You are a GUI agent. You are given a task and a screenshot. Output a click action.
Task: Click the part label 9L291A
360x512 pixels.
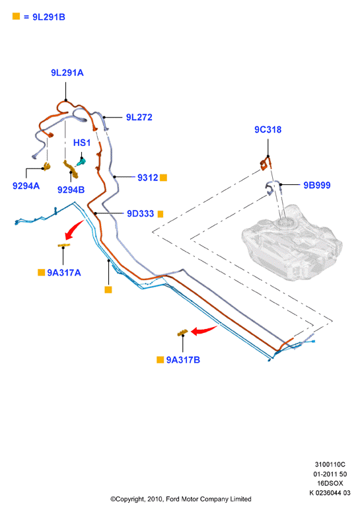coord(67,73)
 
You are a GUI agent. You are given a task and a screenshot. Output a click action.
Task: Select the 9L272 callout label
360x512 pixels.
coord(139,117)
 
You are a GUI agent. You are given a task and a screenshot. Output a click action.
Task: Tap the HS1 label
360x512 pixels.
coord(82,143)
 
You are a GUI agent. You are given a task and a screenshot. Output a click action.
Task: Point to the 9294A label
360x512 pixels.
coord(26,186)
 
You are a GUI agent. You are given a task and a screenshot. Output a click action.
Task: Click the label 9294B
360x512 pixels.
coord(71,190)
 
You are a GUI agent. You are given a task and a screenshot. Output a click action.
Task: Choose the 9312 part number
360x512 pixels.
coord(147,178)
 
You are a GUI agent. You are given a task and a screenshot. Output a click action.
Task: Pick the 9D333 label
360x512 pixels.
coord(140,213)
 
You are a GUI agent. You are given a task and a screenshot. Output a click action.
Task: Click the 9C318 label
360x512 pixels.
coord(268,129)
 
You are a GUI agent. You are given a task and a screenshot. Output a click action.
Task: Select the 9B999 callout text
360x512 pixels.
coord(317,185)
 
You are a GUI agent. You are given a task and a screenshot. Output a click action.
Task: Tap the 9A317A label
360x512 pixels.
coord(64,273)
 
